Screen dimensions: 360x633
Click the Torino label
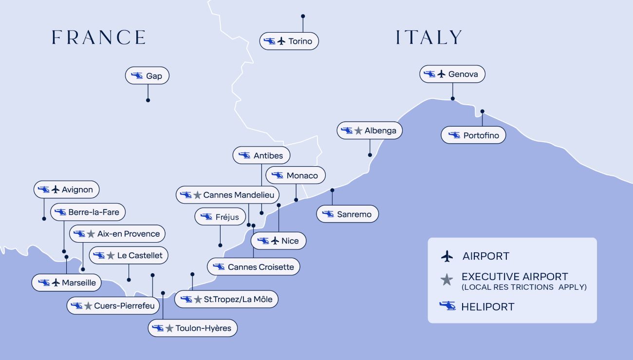(x=289, y=41)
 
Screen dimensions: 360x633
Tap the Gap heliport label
(x=147, y=76)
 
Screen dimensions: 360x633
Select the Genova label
(x=452, y=74)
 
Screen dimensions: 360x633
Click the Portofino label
(x=473, y=135)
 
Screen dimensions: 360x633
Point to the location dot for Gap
(x=148, y=100)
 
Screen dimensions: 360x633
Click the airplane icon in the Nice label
(x=275, y=241)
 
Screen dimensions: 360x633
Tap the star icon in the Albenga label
(x=358, y=131)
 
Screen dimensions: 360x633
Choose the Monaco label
(x=296, y=175)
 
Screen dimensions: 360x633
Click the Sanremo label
(x=347, y=214)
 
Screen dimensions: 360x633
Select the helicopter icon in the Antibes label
(x=244, y=155)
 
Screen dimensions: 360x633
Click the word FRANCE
(x=99, y=38)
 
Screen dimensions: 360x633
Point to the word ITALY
(x=429, y=38)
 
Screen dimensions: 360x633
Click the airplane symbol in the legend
(x=447, y=256)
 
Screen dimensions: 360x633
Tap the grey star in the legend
(x=447, y=280)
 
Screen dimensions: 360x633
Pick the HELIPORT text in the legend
(x=488, y=306)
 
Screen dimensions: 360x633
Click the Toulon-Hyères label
(x=193, y=328)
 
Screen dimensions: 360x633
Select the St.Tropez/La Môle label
(x=226, y=299)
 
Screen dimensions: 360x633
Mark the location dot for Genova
(x=452, y=98)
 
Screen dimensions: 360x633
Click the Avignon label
(x=67, y=189)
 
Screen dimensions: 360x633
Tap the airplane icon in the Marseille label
(x=56, y=283)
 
